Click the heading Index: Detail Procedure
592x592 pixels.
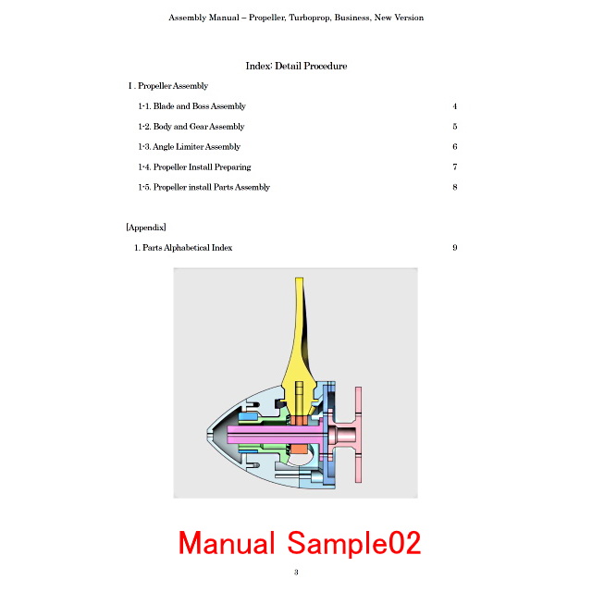(296, 66)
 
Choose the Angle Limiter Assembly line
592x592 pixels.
(189, 147)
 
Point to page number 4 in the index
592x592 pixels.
(455, 106)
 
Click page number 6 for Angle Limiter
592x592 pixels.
(455, 146)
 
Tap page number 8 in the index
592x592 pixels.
(455, 187)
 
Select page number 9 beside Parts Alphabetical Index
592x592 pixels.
(455, 248)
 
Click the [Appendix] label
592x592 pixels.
(146, 228)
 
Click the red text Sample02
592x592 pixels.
(354, 543)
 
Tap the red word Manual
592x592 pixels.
(227, 543)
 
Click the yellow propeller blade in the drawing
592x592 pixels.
(299, 348)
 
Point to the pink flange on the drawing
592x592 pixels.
(358, 434)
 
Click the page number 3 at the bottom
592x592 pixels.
(296, 573)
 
